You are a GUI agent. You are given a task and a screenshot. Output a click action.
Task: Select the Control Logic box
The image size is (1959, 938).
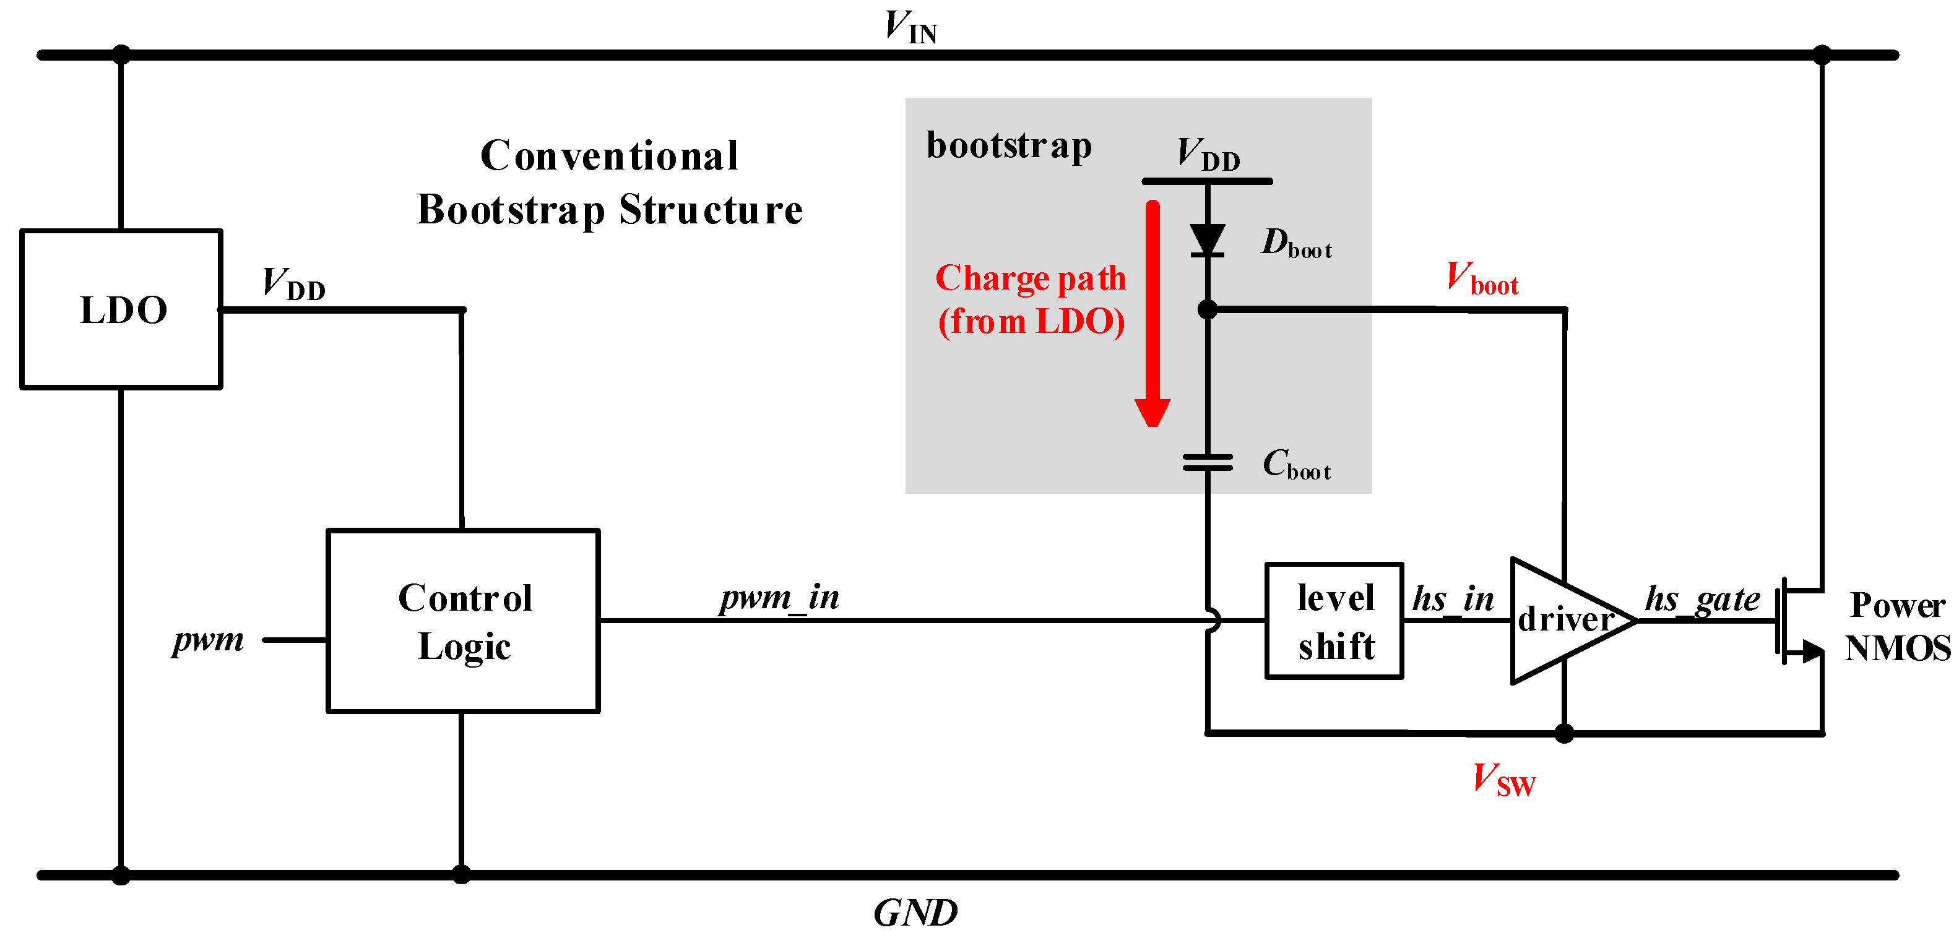(462, 620)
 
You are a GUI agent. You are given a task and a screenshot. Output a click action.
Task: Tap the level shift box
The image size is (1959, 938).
(1334, 620)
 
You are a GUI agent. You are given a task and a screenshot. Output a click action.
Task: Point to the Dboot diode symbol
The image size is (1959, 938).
(1207, 240)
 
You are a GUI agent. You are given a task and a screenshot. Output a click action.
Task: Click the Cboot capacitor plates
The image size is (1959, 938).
(1207, 462)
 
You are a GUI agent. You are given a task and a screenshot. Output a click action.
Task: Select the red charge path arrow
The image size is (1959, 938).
(1152, 312)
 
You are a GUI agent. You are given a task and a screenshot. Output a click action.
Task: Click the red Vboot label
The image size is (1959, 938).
(1481, 279)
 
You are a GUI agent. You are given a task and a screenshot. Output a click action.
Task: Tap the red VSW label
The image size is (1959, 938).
(1503, 780)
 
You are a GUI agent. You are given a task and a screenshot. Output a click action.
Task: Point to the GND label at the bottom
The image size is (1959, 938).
(915, 912)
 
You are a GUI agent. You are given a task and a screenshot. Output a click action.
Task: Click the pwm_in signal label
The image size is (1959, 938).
(779, 598)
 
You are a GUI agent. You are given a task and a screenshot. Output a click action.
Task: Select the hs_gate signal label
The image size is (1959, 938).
(1702, 599)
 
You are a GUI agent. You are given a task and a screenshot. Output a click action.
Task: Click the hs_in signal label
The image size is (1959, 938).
(1453, 599)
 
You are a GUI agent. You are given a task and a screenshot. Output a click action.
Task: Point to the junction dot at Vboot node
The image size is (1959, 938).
(1207, 309)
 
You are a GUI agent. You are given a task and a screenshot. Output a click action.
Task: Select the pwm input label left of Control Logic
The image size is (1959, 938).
(207, 639)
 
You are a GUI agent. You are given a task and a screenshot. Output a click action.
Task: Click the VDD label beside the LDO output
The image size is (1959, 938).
(293, 283)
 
